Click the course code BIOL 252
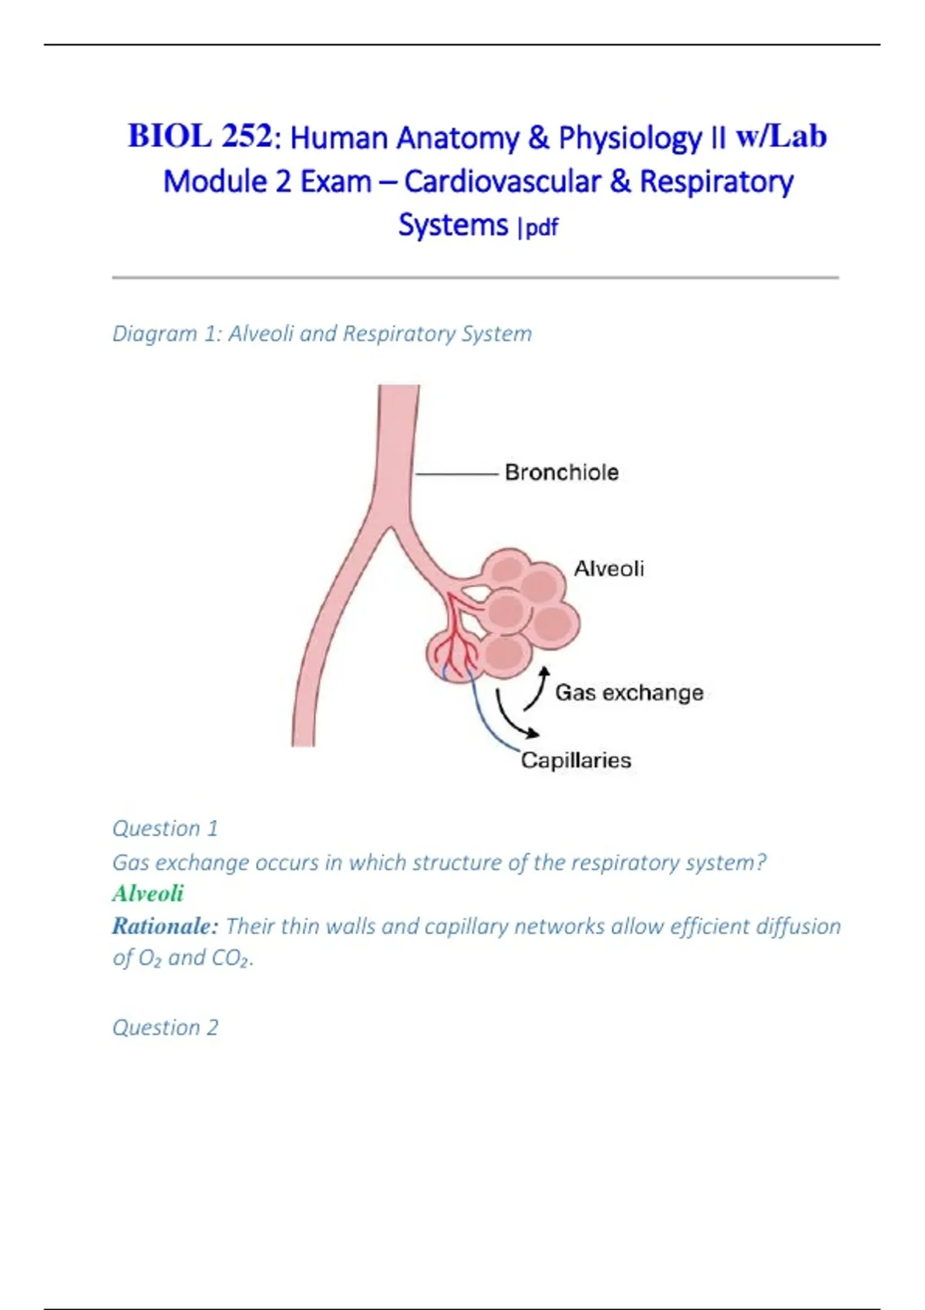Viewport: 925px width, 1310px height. point(200,136)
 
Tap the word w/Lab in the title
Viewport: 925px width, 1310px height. point(781,136)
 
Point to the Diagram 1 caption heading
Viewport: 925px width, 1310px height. point(322,334)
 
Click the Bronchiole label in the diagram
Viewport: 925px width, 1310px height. point(562,472)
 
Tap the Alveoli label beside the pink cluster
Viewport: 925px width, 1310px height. point(609,569)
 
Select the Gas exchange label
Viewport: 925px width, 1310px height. point(629,693)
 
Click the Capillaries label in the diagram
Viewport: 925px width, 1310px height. point(577,761)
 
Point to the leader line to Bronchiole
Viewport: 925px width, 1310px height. point(457,474)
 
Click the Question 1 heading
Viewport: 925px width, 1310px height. point(165,828)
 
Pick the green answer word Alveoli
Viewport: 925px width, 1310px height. point(148,894)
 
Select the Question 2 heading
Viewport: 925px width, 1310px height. point(165,1027)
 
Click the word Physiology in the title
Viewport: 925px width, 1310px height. point(630,138)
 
